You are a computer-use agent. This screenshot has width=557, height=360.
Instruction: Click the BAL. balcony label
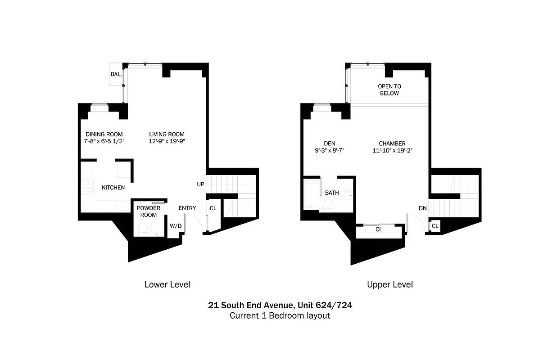pyautogui.click(x=116, y=74)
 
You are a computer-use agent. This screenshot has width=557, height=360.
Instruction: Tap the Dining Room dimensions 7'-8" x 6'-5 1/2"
pyautogui.click(x=104, y=141)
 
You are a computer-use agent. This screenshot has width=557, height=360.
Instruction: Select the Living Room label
pyautogui.click(x=167, y=134)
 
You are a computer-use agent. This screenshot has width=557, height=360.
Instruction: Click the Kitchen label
pyautogui.click(x=113, y=187)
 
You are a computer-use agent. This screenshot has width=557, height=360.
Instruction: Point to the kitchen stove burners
pyautogui.click(x=87, y=186)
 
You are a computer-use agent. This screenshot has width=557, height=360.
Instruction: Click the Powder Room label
pyautogui.click(x=149, y=211)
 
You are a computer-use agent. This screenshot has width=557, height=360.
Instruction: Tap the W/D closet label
pyautogui.click(x=175, y=226)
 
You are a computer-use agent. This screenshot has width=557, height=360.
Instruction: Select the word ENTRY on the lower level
pyautogui.click(x=187, y=208)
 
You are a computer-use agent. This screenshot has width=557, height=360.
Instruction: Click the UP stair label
pyautogui.click(x=201, y=184)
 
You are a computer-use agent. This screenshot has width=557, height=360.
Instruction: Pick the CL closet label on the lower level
pyautogui.click(x=213, y=208)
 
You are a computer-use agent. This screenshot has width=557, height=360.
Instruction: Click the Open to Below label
pyautogui.click(x=389, y=90)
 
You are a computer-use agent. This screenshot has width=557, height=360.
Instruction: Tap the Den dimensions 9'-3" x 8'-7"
pyautogui.click(x=329, y=151)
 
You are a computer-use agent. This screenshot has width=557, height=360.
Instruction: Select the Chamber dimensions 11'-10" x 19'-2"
pyautogui.click(x=392, y=151)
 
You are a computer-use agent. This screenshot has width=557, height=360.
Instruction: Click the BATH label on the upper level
pyautogui.click(x=332, y=193)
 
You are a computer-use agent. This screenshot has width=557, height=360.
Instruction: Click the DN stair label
pyautogui.click(x=422, y=208)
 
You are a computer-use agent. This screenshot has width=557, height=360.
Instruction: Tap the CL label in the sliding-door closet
pyautogui.click(x=379, y=229)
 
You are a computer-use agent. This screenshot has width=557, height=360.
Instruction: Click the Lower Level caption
pyautogui.click(x=167, y=284)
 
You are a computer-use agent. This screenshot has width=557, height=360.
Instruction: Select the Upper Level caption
pyautogui.click(x=389, y=284)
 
